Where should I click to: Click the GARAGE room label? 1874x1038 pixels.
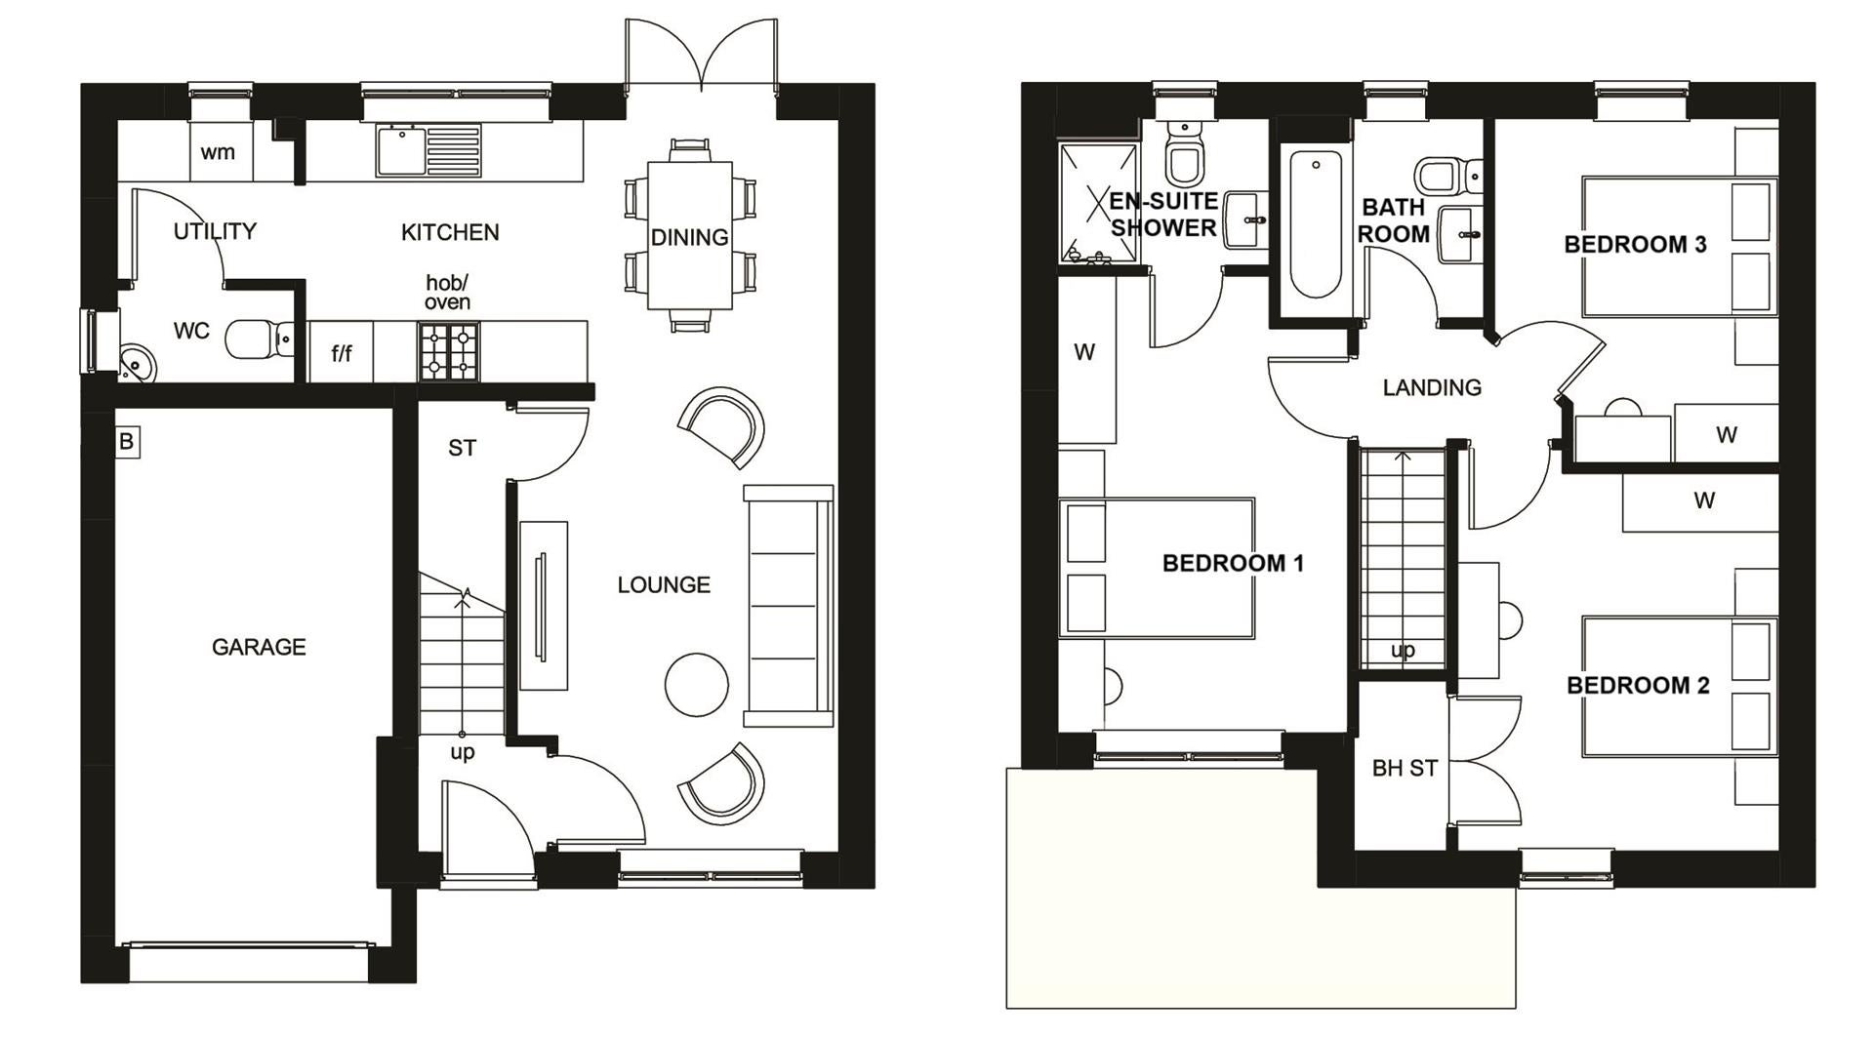[259, 647]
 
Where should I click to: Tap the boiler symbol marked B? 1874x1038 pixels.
[126, 442]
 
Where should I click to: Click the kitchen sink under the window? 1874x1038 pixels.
[428, 150]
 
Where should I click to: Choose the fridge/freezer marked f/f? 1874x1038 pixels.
[342, 352]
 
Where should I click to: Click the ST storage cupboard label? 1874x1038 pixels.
[462, 448]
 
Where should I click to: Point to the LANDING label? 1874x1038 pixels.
[1432, 387]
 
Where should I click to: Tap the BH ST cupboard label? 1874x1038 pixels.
[1405, 769]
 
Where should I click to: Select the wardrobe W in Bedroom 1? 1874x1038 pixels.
[1087, 360]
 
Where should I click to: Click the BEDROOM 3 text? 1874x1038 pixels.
[1635, 244]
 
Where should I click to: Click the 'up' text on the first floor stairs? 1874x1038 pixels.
[1403, 650]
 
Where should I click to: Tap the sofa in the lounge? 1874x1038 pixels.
[789, 606]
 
